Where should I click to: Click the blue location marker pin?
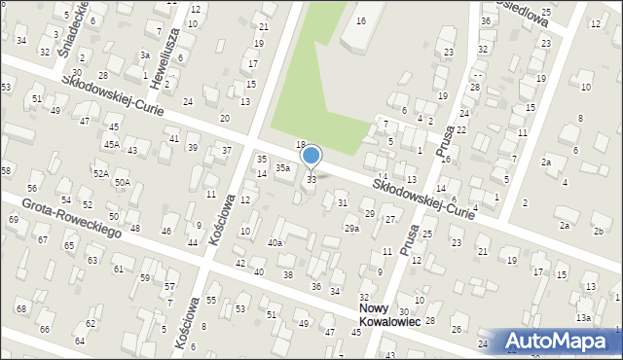tap(311, 156)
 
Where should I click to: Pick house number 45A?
tap(113, 144)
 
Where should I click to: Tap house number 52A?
tap(100, 172)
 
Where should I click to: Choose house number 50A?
tap(122, 182)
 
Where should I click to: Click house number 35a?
tap(282, 168)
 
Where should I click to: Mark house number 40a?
tap(275, 243)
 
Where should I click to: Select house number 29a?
tap(351, 229)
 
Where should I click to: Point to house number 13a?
tap(583, 317)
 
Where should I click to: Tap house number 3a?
tap(144, 55)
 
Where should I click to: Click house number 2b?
tap(600, 231)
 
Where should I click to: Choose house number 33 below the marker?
tap(311, 179)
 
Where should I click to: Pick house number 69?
tap(13, 219)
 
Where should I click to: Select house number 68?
tap(21, 308)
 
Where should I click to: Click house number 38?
tap(287, 275)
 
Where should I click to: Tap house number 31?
tap(342, 202)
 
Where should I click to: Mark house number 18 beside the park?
tap(301, 144)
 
